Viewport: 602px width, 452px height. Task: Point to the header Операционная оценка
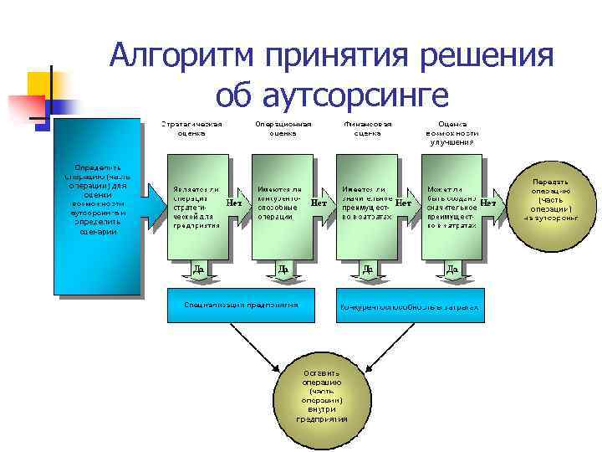[x=283, y=128]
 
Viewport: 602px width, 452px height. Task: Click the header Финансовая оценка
[x=367, y=128]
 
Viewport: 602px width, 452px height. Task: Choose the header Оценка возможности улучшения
[x=452, y=132]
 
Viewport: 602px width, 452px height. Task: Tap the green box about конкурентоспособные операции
[x=281, y=205]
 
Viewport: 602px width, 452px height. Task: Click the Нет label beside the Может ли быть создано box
[x=488, y=203]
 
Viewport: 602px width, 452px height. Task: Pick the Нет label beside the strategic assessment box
[x=235, y=203]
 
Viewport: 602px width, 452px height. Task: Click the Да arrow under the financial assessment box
[x=367, y=270]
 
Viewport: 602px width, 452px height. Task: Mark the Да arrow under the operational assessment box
[x=283, y=270]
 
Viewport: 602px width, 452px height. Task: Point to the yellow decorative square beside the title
[x=45, y=85]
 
